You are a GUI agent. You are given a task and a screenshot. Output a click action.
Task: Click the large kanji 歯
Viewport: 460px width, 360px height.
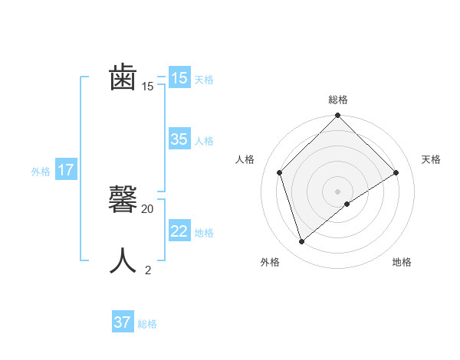pos(123,78)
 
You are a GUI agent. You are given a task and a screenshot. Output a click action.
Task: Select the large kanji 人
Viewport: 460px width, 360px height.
pos(123,261)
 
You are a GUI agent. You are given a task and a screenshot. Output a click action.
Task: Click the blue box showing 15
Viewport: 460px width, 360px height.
pos(179,78)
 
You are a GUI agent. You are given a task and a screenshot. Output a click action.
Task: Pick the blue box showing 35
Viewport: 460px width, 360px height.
pos(179,139)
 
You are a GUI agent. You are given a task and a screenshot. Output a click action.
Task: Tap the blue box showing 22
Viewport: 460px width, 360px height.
pos(179,231)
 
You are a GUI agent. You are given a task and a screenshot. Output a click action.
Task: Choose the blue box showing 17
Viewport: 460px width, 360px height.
pos(66,170)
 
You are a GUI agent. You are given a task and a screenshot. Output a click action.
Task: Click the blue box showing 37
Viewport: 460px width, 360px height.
pos(123,322)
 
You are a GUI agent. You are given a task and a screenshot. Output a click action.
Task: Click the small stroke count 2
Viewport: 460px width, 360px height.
pos(148,270)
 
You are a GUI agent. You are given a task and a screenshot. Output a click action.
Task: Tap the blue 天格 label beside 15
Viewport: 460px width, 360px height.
pos(204,79)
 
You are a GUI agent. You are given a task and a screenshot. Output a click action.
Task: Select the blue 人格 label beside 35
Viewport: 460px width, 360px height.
pos(204,140)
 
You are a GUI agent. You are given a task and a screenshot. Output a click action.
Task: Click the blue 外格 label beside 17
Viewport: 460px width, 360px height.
pos(41,172)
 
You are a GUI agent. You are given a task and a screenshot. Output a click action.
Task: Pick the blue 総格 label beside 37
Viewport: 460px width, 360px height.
pos(147,324)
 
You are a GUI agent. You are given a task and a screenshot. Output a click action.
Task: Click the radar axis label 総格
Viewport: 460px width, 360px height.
pos(338,100)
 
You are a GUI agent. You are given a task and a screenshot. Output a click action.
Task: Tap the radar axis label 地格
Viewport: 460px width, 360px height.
pos(402,262)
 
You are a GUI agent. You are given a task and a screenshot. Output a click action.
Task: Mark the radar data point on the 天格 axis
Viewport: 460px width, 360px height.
pos(396,172)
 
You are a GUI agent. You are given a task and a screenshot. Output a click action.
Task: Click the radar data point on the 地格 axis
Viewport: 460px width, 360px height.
pos(347,204)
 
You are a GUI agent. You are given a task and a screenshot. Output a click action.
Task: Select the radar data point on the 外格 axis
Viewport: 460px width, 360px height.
pos(302,242)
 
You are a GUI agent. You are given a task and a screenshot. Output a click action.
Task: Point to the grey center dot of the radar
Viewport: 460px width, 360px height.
pos(338,191)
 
